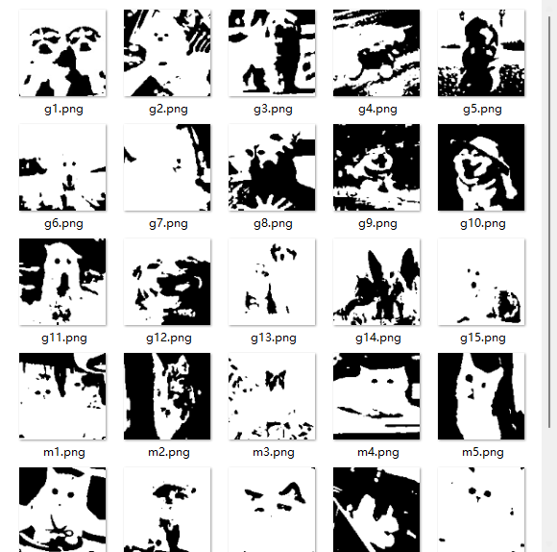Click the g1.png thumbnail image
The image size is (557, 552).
coord(62,53)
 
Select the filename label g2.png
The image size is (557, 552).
coord(168,109)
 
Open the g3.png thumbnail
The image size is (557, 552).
coord(272,53)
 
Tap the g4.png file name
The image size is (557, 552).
coord(377,109)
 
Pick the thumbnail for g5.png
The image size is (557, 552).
coord(481,53)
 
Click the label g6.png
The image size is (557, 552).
coord(63,223)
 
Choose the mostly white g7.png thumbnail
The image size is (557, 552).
coord(167,167)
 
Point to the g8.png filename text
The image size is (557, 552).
coord(273,223)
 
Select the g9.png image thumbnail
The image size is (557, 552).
coord(376,167)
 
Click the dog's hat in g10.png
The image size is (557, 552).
coord(489,149)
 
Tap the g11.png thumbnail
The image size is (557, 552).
coord(62,282)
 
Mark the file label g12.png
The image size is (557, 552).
coord(169,338)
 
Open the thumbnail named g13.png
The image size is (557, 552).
coord(272,282)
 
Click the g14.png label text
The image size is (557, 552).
coord(378,338)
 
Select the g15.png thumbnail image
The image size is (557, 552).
coord(481,282)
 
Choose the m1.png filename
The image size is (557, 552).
coord(64,452)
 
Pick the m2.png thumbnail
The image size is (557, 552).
coord(167,396)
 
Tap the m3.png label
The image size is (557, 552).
coord(273,452)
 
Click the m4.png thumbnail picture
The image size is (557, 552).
coord(376,396)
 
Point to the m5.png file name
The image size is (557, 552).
coord(482,452)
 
